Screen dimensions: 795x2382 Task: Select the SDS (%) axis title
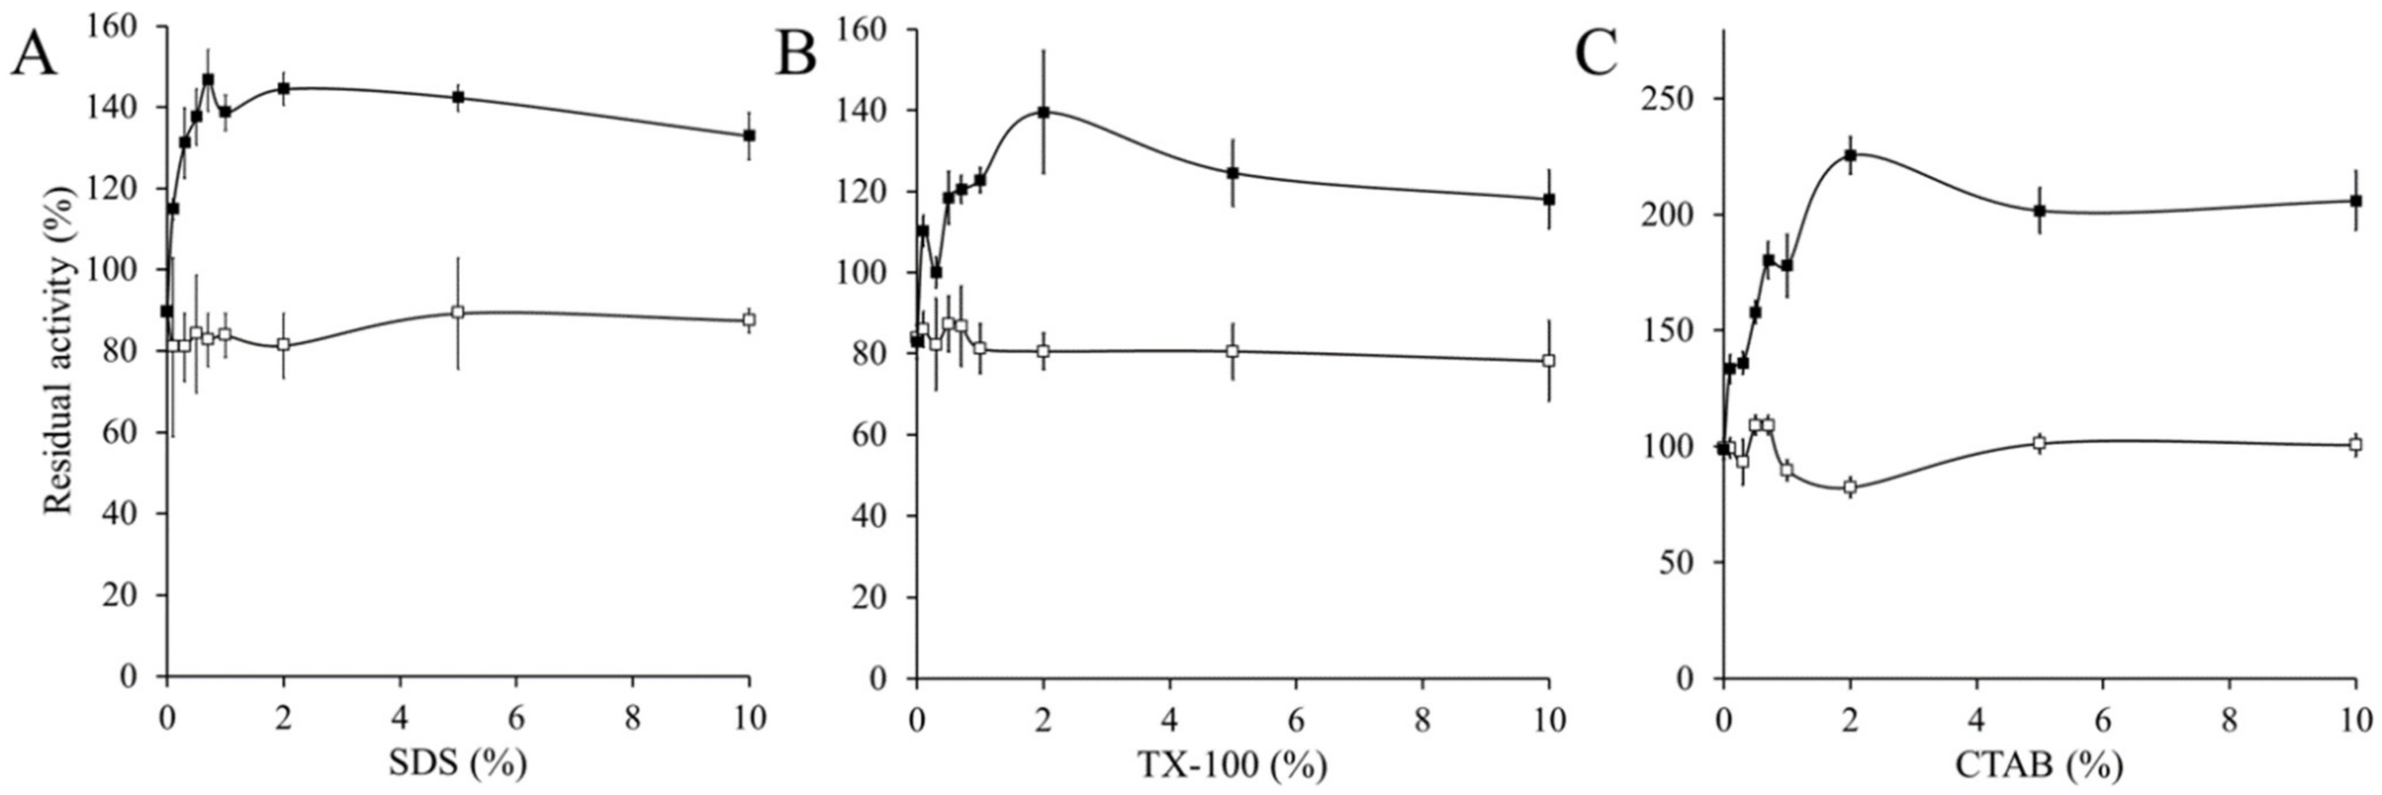457,763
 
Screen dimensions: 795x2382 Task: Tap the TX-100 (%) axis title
1232,763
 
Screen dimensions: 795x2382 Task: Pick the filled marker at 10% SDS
749,135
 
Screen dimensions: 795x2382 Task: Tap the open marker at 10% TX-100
1549,360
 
